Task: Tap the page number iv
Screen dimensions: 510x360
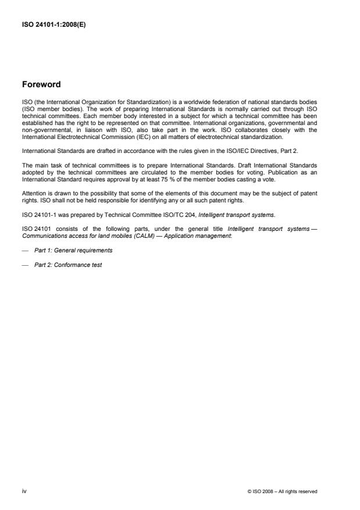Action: coord(24,491)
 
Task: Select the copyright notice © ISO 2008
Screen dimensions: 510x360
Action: coord(282,492)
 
